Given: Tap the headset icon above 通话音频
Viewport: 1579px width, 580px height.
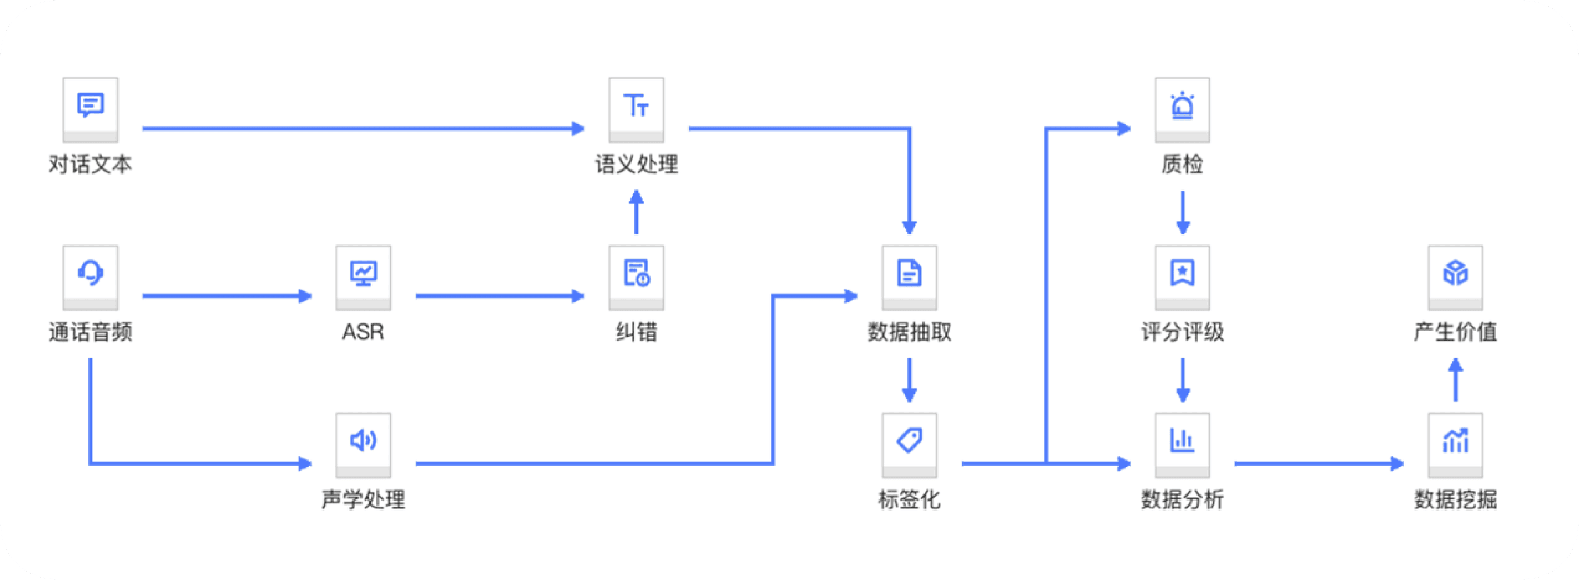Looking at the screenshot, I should click(x=90, y=273).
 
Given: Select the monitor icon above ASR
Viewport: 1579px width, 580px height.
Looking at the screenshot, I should click(x=363, y=273).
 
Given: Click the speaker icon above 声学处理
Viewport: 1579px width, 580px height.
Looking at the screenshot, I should click(x=363, y=441).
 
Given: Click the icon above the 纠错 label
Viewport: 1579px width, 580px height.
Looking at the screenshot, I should click(x=636, y=273).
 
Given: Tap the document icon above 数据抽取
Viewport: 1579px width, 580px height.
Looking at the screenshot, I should click(x=909, y=273).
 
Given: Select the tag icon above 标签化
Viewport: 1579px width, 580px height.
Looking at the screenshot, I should click(x=909, y=441).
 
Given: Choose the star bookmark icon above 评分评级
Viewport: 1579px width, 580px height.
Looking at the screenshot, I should click(x=1183, y=273).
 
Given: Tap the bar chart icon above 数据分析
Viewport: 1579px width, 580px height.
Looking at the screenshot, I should click(x=1183, y=441).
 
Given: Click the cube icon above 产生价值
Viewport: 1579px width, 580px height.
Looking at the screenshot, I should click(x=1455, y=273).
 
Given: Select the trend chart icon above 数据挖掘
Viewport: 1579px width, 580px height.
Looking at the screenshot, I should click(x=1455, y=441).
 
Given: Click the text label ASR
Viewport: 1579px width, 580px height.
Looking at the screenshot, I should click(x=363, y=332).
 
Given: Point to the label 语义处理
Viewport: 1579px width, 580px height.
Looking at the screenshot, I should click(x=636, y=164).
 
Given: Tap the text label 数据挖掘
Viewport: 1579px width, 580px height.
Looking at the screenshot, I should click(x=1455, y=500).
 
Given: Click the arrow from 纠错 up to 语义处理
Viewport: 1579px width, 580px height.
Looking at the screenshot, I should click(x=636, y=212).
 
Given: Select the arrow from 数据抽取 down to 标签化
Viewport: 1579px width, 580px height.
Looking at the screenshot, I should click(x=910, y=380).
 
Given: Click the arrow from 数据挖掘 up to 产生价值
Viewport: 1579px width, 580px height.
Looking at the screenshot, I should click(x=1456, y=380).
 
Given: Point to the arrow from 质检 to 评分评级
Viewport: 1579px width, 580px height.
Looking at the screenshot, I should click(x=1183, y=212).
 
